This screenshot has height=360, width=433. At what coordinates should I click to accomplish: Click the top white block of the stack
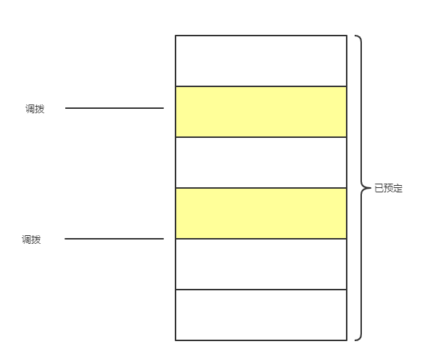coord(261,61)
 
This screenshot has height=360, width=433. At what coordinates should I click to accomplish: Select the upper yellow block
coord(261,112)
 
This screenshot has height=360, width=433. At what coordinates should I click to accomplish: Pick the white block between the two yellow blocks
coord(261,163)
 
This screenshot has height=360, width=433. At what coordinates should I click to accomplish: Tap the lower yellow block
coord(261,213)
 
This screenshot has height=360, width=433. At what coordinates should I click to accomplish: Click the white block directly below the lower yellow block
coord(261,264)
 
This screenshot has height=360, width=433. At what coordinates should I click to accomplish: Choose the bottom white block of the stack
coord(261,315)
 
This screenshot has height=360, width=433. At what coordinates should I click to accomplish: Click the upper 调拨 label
coord(35,109)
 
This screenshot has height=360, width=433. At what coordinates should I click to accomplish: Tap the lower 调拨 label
coord(31,240)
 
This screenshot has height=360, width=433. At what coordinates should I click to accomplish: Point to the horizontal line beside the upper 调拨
coord(115,108)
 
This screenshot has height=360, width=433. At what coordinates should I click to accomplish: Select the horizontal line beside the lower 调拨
coord(114,239)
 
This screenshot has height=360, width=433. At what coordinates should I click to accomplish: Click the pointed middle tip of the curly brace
coord(371,188)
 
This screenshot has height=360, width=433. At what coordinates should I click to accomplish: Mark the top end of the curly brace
coord(355,36)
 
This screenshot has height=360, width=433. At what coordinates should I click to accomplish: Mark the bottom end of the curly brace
coord(355,340)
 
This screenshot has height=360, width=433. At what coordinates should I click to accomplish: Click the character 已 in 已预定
coord(379,188)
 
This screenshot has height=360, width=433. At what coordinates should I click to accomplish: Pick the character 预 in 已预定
coord(388,188)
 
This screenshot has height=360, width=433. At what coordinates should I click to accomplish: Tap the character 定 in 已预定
coord(398,188)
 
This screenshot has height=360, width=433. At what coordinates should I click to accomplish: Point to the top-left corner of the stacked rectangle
coord(176,36)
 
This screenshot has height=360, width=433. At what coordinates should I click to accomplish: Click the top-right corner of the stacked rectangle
coord(347,36)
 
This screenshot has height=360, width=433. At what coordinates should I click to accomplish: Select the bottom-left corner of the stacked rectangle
coord(176,340)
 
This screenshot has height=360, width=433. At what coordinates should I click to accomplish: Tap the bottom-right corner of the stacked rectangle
coord(347,340)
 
